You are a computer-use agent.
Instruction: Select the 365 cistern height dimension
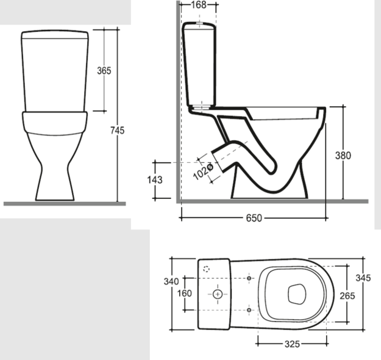coord(104,71)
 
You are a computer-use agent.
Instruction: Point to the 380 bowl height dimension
coord(343,155)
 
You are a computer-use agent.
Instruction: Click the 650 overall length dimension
coord(254,218)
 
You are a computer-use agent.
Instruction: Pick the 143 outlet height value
coord(155,179)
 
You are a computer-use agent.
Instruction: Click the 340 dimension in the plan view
coord(171,281)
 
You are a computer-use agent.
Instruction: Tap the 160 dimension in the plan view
coord(184,293)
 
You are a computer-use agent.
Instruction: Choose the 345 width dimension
coord(363,278)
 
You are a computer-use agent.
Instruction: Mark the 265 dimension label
coord(347,295)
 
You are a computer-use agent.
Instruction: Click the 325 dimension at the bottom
coord(292,344)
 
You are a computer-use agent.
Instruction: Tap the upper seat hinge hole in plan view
coord(250,278)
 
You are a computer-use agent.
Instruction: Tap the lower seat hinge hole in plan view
coord(250,310)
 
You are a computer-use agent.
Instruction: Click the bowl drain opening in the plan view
coord(296,294)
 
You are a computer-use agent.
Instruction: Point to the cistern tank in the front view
coord(55,70)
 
